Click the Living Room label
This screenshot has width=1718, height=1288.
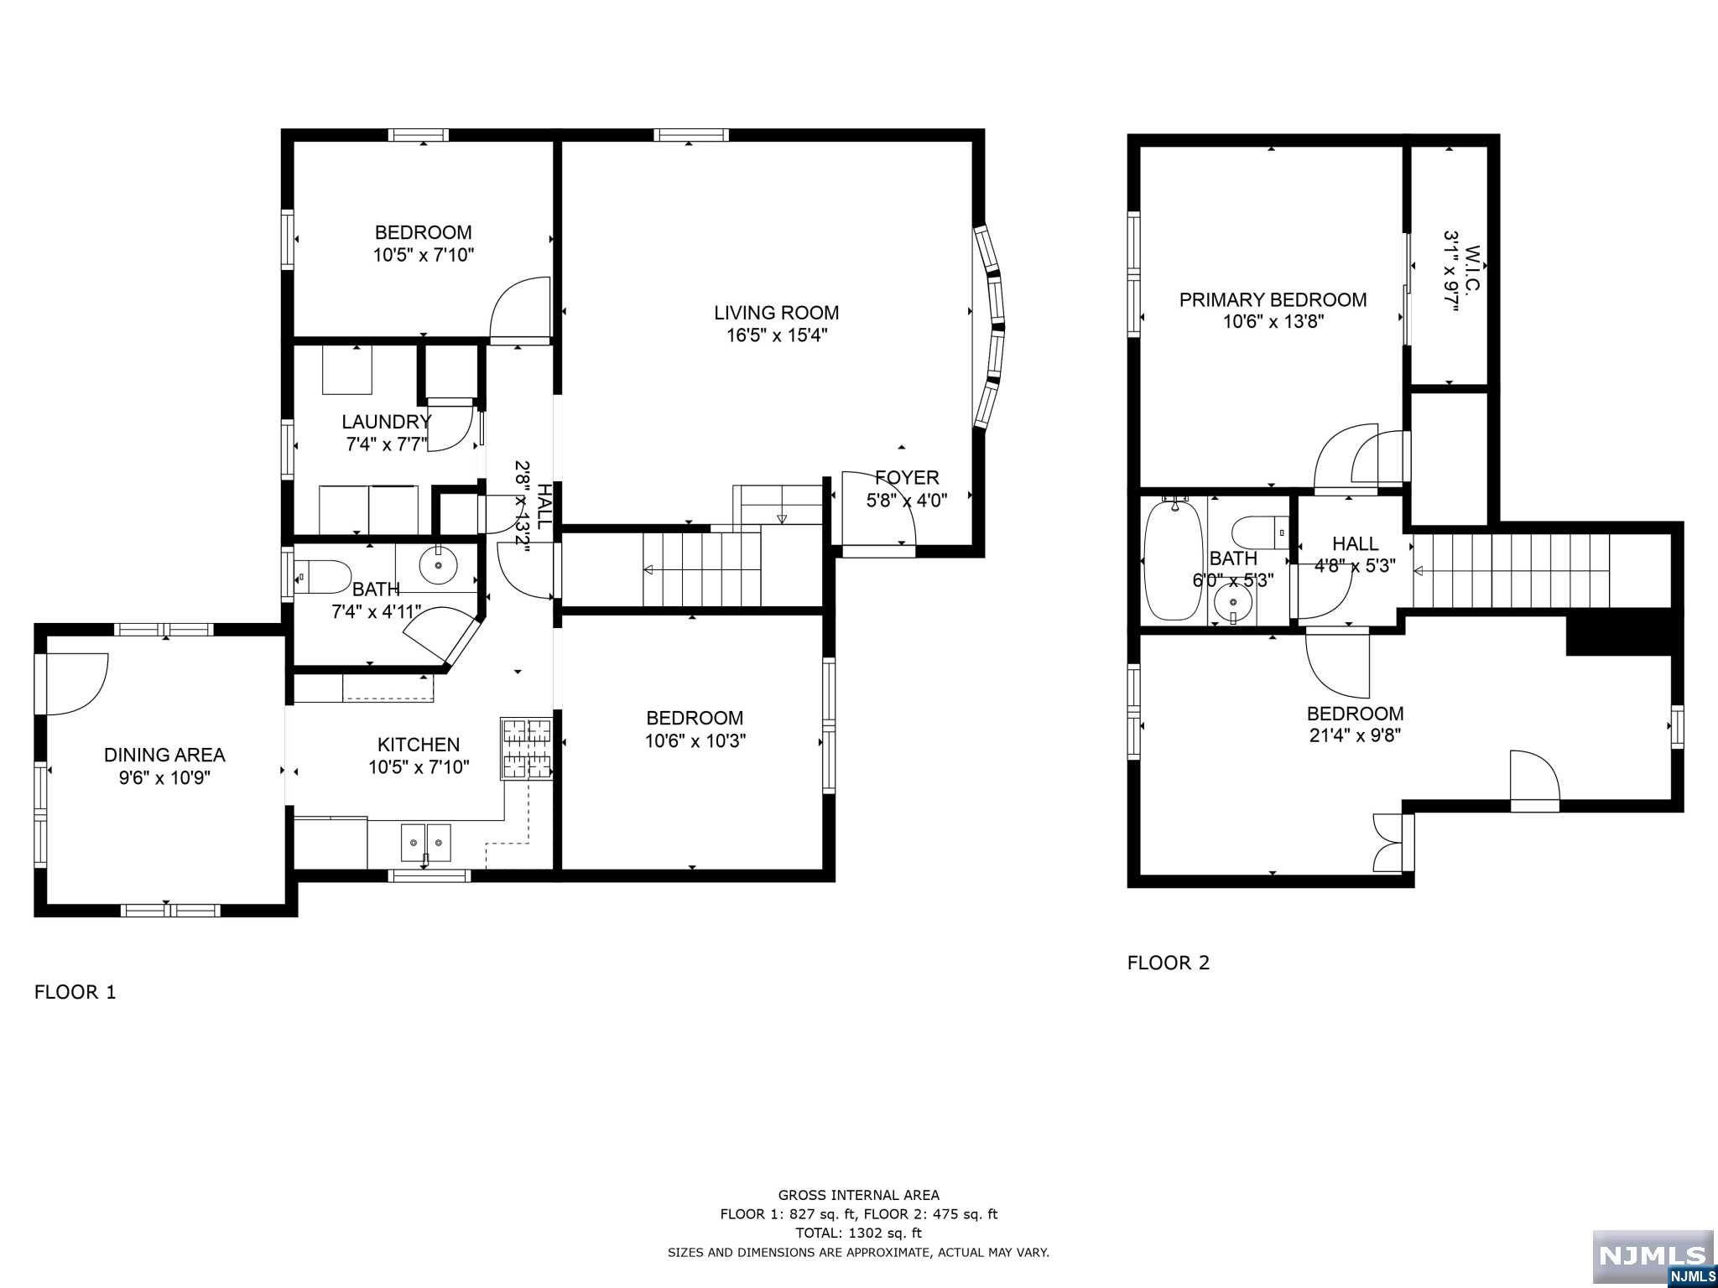(x=776, y=313)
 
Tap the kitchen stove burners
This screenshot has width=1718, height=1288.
(x=527, y=749)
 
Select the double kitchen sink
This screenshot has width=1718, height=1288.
(x=426, y=842)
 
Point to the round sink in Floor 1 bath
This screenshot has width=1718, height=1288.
(x=438, y=566)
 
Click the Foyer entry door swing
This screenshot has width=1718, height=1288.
(x=878, y=511)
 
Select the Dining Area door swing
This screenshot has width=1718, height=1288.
(x=76, y=683)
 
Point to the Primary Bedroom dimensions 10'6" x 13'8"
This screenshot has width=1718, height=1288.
(x=1273, y=322)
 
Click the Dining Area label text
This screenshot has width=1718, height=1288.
(x=164, y=755)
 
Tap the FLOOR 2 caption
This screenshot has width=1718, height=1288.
(x=1169, y=963)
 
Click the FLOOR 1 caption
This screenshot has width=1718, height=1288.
(x=75, y=992)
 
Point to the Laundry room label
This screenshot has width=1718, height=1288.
(x=386, y=422)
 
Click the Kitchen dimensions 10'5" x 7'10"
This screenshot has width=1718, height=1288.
(x=419, y=767)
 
